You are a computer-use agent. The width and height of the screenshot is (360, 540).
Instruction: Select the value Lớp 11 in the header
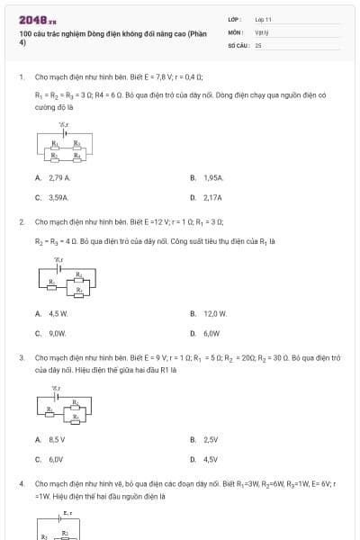[263, 19]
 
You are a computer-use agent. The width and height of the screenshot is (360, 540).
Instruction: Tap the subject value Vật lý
[262, 31]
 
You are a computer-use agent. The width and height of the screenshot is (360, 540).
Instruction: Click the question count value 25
[257, 43]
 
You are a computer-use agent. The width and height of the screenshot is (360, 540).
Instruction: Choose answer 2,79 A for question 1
[52, 178]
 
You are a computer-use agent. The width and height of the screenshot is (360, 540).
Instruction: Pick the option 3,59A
[52, 196]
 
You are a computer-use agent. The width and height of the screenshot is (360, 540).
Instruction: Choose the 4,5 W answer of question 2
[52, 313]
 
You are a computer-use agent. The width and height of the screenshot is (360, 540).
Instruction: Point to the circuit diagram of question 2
[67, 278]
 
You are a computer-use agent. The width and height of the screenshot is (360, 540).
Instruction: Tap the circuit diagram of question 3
[67, 406]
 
